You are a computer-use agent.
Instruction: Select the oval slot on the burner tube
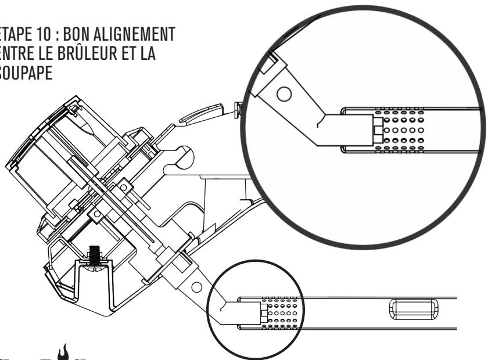click(408, 307)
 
